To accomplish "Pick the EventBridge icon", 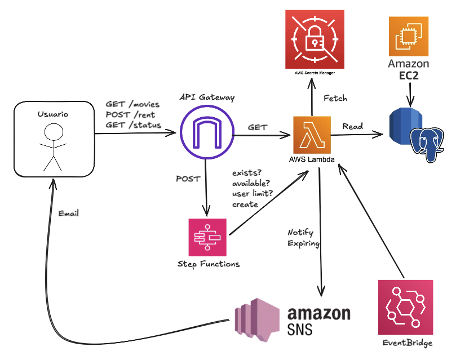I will (406, 307).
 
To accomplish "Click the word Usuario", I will (52, 114).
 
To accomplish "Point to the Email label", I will (69, 213).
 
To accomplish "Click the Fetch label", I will (335, 98).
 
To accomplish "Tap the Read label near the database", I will (352, 126).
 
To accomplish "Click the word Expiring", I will (304, 243).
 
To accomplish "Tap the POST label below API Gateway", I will (188, 179).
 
